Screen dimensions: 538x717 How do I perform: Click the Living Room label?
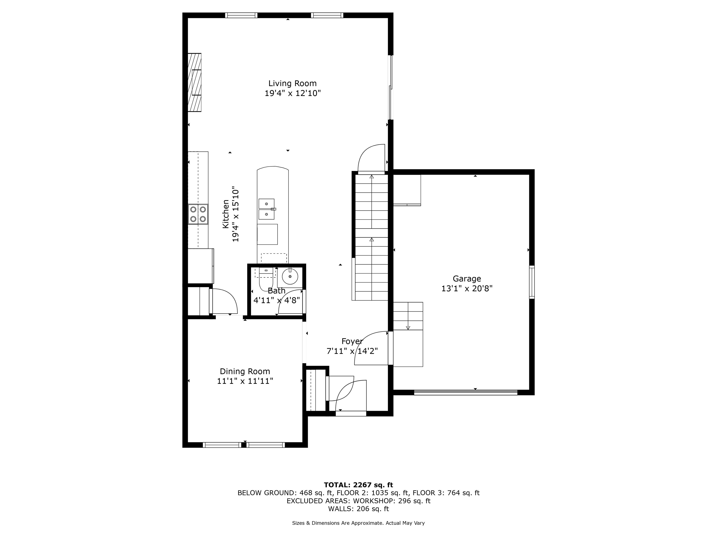(292, 83)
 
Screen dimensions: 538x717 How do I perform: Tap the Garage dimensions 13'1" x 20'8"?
(467, 288)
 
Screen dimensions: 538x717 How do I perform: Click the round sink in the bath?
(290, 276)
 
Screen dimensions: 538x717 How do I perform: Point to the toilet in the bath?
(266, 279)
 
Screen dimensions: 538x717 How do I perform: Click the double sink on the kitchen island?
(267, 209)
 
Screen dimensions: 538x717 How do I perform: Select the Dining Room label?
(245, 371)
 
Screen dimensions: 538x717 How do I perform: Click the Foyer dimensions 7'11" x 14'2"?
(352, 351)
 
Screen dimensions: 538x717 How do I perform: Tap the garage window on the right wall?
(532, 282)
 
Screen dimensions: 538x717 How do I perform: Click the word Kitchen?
(226, 214)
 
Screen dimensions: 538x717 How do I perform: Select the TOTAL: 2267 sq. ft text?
(358, 485)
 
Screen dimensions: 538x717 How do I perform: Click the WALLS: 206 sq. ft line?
(358, 509)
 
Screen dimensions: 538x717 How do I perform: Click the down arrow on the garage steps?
(408, 328)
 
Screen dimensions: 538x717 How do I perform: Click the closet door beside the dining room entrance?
(224, 302)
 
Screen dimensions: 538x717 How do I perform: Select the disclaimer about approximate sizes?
(358, 523)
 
